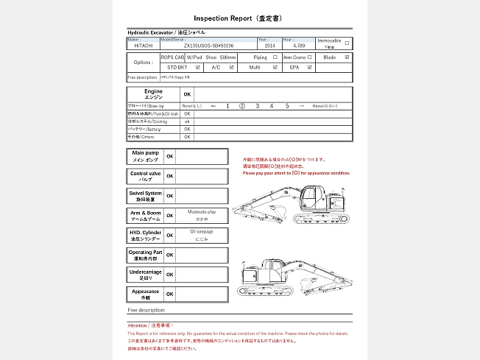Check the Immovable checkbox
[x=347, y=42]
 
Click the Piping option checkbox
[x=275, y=57]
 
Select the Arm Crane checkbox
[x=310, y=57]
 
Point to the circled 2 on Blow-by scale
[x=241, y=106]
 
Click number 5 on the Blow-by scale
[x=287, y=106]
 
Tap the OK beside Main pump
[x=169, y=156]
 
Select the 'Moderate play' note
[x=201, y=212]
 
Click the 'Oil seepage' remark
[x=201, y=232]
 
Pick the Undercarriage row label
[x=145, y=274]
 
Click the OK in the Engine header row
[x=187, y=94]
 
